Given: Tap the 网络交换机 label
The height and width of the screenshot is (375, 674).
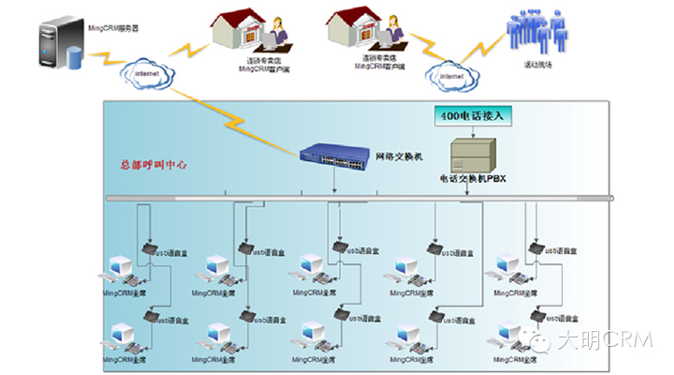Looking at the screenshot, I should pos(400,157).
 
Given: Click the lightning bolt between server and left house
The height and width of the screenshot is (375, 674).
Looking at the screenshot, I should pos(193,46).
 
